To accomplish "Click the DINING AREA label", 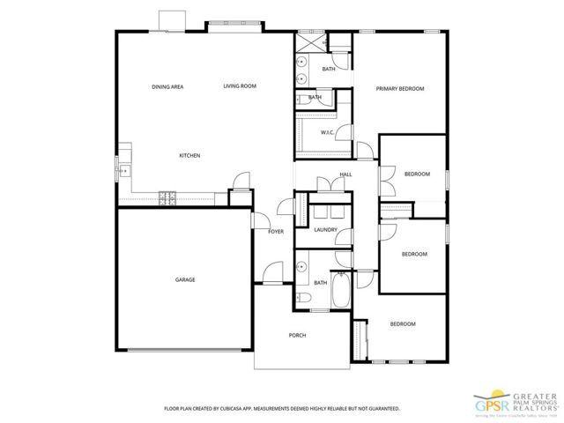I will (x=167, y=86).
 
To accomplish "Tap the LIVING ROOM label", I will (x=239, y=86).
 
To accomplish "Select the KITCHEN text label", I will (x=189, y=156).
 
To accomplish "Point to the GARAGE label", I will (x=185, y=279).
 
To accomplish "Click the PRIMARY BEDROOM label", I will (x=400, y=89).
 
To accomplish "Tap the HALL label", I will (x=345, y=174).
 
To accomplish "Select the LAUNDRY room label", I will (x=325, y=230).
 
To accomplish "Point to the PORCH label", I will (x=298, y=336).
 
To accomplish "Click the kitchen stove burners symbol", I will (x=167, y=197).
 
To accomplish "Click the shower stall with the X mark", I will (x=308, y=41).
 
